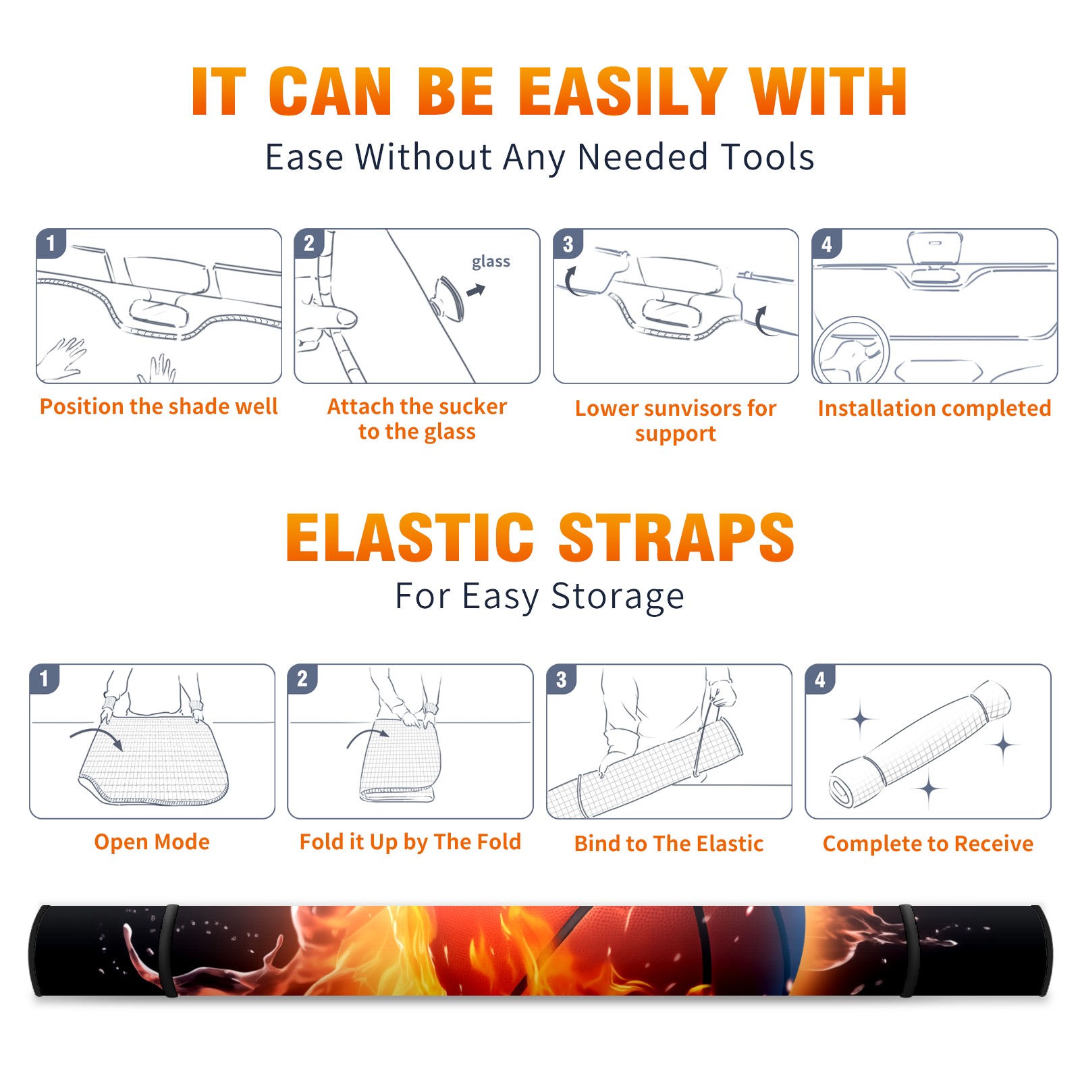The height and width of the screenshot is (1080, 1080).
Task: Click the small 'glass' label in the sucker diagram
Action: click(x=491, y=261)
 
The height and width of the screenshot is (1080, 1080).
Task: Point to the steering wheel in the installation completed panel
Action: click(x=851, y=350)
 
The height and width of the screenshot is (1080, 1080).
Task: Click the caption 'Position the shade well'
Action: click(x=159, y=406)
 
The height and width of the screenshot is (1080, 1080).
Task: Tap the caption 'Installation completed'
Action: click(x=934, y=408)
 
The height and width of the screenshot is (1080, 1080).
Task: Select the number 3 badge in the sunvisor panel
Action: click(x=568, y=244)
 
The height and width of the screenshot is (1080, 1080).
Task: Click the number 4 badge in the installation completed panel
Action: click(x=826, y=244)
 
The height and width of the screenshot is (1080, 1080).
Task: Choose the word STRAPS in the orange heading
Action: click(x=676, y=537)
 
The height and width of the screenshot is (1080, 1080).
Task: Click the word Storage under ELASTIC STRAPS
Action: click(x=618, y=597)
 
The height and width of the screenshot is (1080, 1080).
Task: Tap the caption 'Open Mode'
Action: click(x=152, y=842)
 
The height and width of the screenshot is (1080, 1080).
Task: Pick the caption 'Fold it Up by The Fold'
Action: click(x=410, y=842)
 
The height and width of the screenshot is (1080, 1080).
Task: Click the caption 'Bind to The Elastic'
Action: click(x=669, y=843)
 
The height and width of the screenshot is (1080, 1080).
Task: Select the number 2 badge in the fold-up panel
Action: click(x=302, y=678)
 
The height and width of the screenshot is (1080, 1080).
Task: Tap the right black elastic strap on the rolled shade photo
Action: click(x=908, y=950)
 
